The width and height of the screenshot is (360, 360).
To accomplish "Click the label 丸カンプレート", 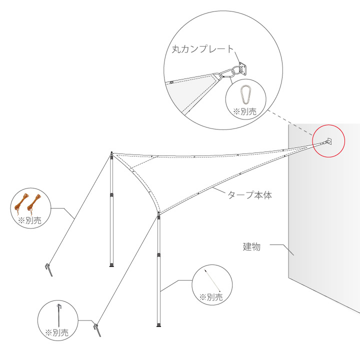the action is (202, 49).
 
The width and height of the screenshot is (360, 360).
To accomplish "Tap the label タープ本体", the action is (250, 195).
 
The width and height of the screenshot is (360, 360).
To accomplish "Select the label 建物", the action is (251, 246).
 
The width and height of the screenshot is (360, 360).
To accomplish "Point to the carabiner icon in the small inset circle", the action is (246, 94).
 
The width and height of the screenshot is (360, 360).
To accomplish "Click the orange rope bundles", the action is (27, 204).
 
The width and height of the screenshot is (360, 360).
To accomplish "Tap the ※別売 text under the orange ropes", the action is (29, 220).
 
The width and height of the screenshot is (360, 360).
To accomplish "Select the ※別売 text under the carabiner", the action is (244, 112).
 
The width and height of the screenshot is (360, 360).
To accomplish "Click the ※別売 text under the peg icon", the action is (56, 332).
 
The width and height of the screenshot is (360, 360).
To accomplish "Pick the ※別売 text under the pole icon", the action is (211, 297).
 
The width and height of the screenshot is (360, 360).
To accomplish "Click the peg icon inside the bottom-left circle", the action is (59, 315).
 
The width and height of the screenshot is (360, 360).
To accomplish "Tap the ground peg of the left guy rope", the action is (49, 270).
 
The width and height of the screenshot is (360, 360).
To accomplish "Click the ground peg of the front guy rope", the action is (97, 330).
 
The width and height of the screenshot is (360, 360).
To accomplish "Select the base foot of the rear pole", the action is (111, 265).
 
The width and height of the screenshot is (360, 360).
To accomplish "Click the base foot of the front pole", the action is (158, 325).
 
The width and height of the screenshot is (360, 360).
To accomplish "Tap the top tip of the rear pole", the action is (111, 152).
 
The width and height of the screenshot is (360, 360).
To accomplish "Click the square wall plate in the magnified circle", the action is (243, 68).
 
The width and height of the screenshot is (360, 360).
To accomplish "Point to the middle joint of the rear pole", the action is (111, 195).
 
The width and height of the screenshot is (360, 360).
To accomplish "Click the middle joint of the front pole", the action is (158, 255).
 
